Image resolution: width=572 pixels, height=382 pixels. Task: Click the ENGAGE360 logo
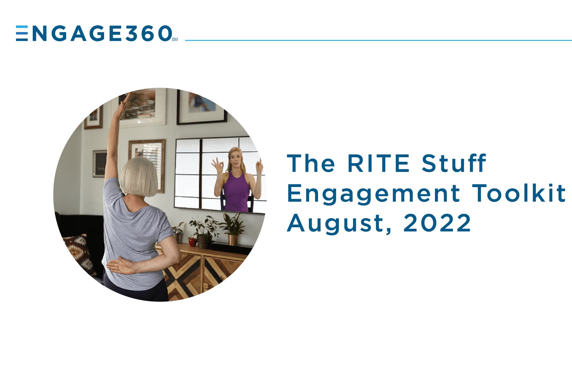click(97, 33)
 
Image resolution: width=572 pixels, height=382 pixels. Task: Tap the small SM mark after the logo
click(175, 40)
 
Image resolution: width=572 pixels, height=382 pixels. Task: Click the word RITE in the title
click(378, 163)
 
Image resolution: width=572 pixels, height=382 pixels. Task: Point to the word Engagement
click(374, 194)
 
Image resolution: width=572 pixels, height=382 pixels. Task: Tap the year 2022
click(437, 223)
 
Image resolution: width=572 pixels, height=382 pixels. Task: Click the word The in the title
click(311, 163)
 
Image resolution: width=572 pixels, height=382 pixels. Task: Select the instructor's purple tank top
click(236, 192)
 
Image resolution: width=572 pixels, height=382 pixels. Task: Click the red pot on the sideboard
click(192, 242)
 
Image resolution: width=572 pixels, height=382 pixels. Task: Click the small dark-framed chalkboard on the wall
click(100, 164)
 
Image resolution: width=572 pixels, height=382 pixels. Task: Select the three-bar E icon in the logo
click(22, 33)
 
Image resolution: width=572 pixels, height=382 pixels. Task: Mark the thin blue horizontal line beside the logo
click(378, 40)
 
